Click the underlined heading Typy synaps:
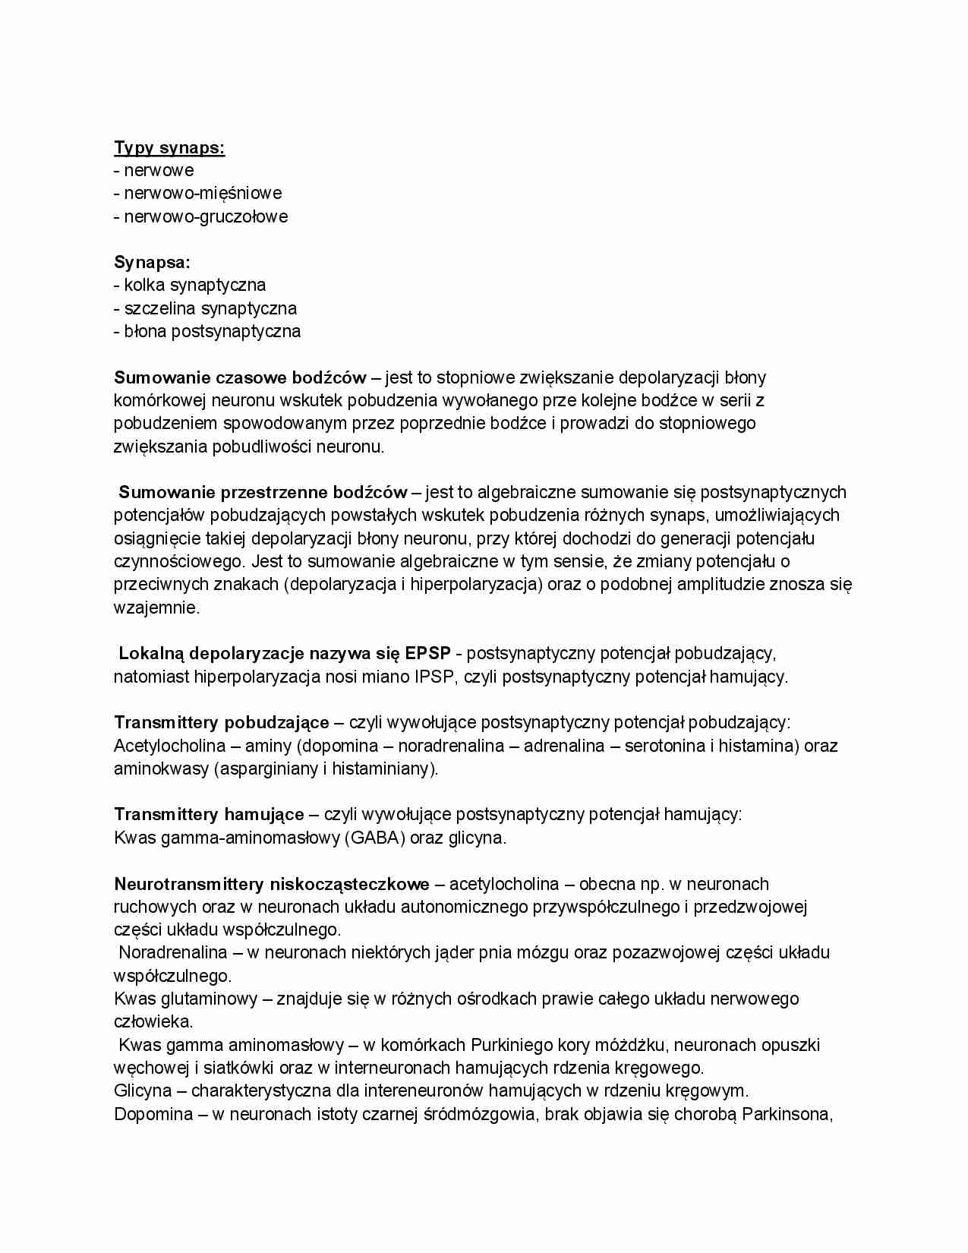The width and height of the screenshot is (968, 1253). point(169,147)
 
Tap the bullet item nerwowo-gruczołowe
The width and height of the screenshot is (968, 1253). point(201,216)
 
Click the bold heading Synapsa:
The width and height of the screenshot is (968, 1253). point(152,262)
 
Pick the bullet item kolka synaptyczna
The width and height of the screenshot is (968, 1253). point(190,285)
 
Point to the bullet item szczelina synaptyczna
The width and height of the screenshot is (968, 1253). point(205,308)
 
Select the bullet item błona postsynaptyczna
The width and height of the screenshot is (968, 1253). point(207,331)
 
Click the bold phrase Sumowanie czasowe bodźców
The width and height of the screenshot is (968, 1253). point(240,377)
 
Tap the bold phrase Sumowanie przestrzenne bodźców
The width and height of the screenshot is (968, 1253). point(263,492)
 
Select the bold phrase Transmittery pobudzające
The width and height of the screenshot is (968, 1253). point(222,722)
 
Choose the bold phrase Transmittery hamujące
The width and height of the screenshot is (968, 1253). point(209,815)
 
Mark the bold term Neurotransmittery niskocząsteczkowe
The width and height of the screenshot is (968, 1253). point(272,884)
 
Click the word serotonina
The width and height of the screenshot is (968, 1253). point(665,746)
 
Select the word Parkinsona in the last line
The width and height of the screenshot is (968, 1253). point(787,1114)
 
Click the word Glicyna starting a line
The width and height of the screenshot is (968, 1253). point(143,1091)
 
